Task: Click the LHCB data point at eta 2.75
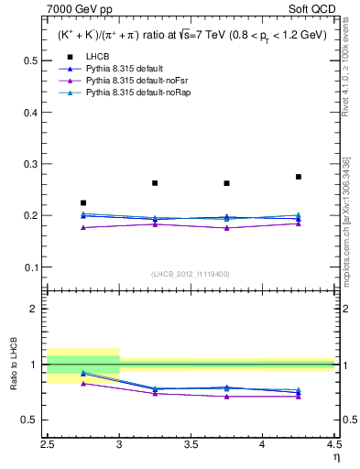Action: [83, 202]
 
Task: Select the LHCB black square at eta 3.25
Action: [155, 183]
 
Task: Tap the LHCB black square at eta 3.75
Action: [226, 183]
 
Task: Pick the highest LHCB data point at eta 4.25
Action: [299, 177]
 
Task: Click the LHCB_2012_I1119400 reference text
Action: [191, 274]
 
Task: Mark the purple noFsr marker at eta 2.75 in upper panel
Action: [83, 227]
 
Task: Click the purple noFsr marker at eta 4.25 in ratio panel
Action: [299, 397]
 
